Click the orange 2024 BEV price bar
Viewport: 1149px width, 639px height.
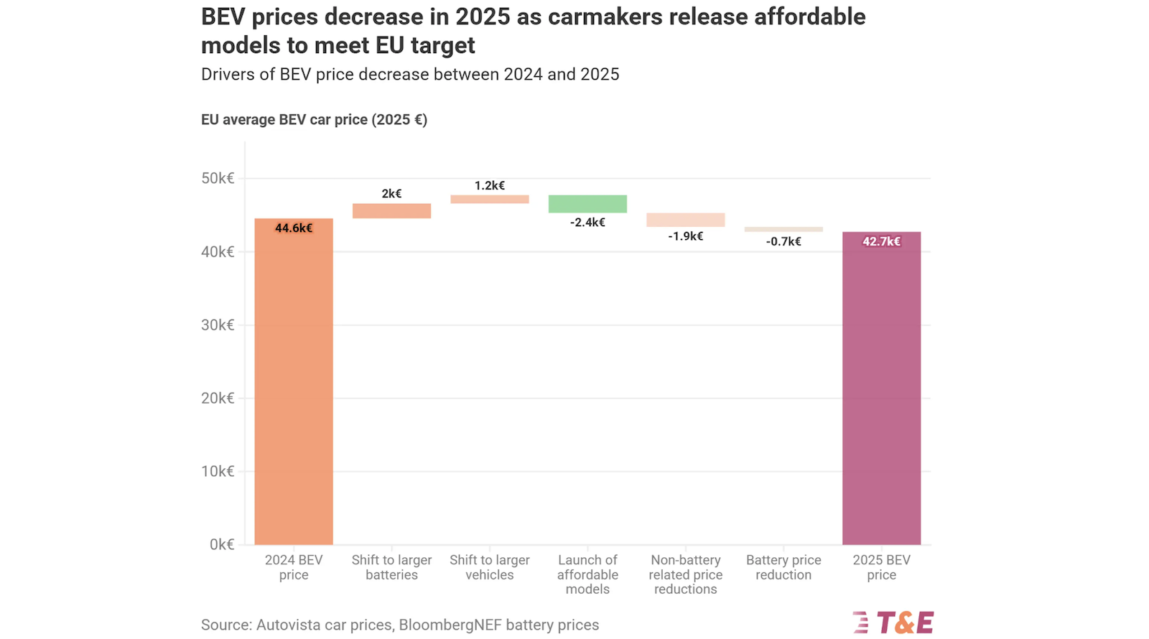[294, 388]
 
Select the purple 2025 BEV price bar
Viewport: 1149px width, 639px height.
[881, 395]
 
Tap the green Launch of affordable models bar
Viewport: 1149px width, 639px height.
[587, 204]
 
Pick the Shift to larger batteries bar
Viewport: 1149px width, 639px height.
[391, 211]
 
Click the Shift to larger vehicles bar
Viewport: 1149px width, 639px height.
[490, 200]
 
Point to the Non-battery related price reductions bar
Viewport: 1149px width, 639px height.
[686, 220]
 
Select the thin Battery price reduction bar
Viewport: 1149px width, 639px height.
[783, 230]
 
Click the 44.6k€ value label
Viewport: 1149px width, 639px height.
[294, 228]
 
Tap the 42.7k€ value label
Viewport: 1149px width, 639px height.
[881, 242]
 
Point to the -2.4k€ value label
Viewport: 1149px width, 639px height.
[587, 223]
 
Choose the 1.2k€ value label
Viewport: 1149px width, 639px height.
[490, 186]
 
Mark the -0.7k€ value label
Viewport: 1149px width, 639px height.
[783, 242]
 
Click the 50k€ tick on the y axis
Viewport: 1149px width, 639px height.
[218, 178]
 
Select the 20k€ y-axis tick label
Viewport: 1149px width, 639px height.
[218, 398]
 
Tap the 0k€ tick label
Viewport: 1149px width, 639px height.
[222, 545]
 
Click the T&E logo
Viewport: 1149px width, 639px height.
[893, 622]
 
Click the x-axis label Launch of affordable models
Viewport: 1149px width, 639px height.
[587, 574]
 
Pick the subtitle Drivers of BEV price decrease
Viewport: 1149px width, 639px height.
[409, 75]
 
